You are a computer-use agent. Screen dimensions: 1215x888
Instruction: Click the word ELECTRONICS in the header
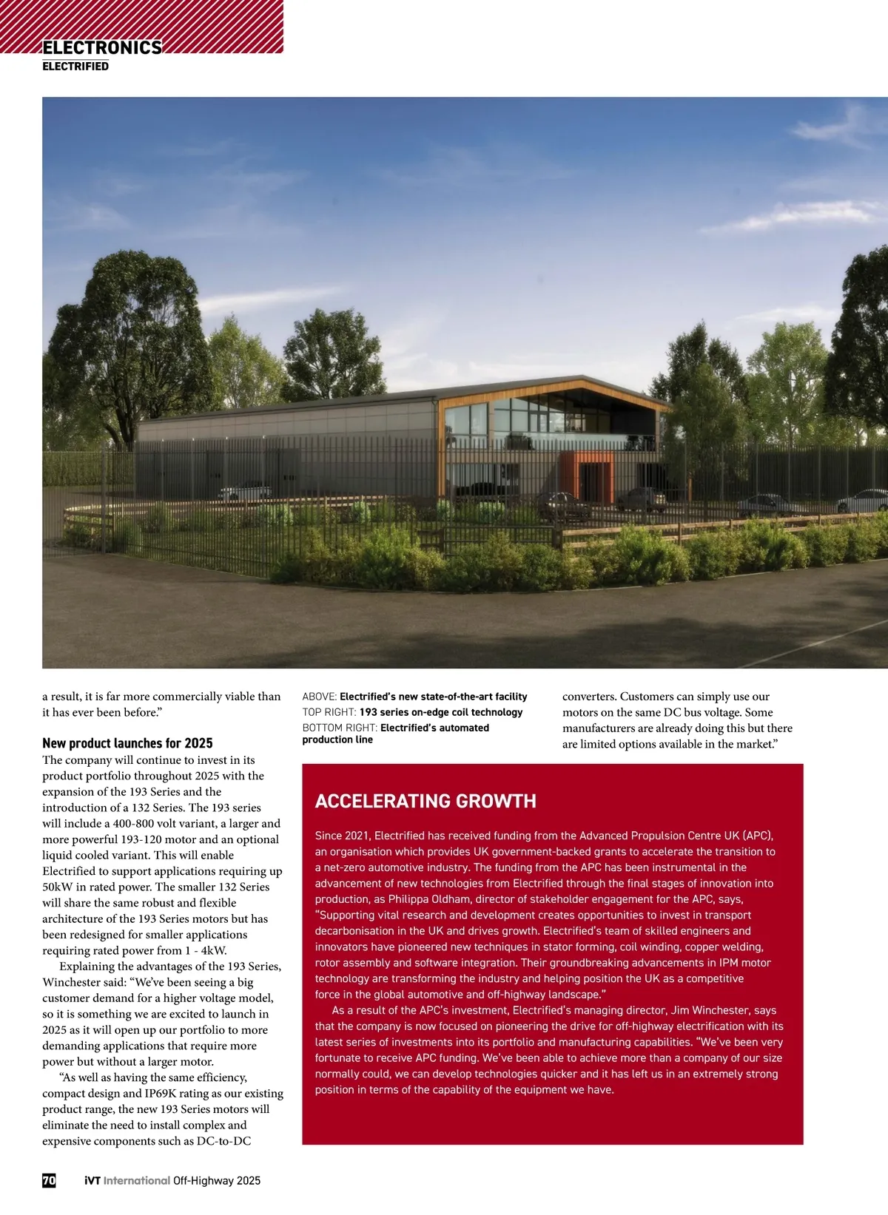pos(102,48)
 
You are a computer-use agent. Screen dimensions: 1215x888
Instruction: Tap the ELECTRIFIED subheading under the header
pos(75,67)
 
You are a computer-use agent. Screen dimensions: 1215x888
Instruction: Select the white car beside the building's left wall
pos(245,492)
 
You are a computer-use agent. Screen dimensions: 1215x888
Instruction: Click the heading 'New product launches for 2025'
pos(127,743)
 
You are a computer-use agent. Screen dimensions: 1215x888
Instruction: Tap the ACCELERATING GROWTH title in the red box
pos(425,802)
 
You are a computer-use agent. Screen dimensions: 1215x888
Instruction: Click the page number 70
pos(49,1180)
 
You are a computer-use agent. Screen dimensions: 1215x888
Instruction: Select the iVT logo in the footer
pos(92,1180)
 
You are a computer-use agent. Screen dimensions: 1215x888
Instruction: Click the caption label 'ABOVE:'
pos(320,697)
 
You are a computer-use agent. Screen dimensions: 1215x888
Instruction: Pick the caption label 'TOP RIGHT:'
pos(329,712)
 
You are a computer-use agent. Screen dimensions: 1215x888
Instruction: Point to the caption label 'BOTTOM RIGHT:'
pos(340,728)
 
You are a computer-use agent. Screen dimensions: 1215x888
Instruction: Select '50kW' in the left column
pos(57,887)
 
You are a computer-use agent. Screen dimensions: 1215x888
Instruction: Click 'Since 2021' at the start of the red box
pos(343,836)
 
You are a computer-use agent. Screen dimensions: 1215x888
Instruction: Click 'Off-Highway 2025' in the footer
pos(217,1180)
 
